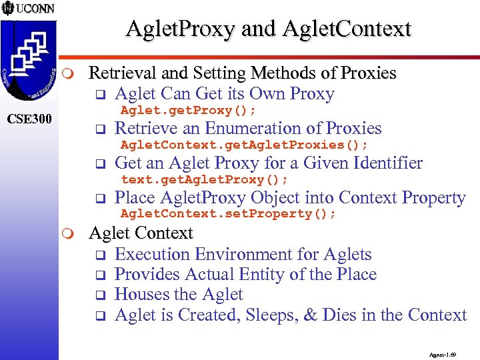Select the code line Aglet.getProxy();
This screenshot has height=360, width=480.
coord(189,110)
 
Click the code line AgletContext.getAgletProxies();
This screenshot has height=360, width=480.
coord(244,145)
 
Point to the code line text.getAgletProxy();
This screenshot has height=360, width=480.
coord(204,179)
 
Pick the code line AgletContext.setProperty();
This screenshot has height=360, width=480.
coord(228,214)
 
